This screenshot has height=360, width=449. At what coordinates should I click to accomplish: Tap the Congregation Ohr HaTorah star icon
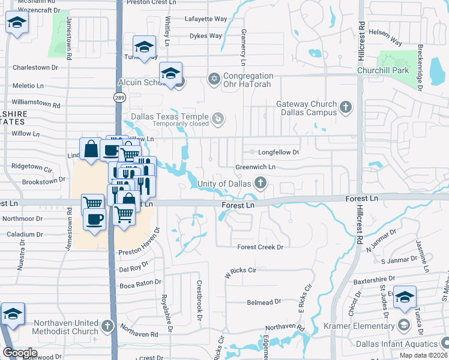(213, 79)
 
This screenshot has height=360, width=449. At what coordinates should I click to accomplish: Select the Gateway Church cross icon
(345, 108)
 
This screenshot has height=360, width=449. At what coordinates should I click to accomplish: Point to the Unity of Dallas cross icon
(260, 182)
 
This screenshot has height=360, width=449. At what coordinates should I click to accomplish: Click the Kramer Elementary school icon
(405, 326)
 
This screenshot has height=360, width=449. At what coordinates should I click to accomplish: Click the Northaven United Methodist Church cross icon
(107, 327)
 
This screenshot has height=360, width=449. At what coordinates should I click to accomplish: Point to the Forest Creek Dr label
(260, 247)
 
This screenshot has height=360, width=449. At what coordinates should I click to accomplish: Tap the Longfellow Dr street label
(278, 152)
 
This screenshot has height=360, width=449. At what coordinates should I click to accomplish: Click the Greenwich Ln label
(255, 167)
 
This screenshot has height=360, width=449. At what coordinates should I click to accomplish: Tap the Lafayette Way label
(206, 19)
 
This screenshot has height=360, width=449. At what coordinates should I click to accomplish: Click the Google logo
(20, 353)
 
